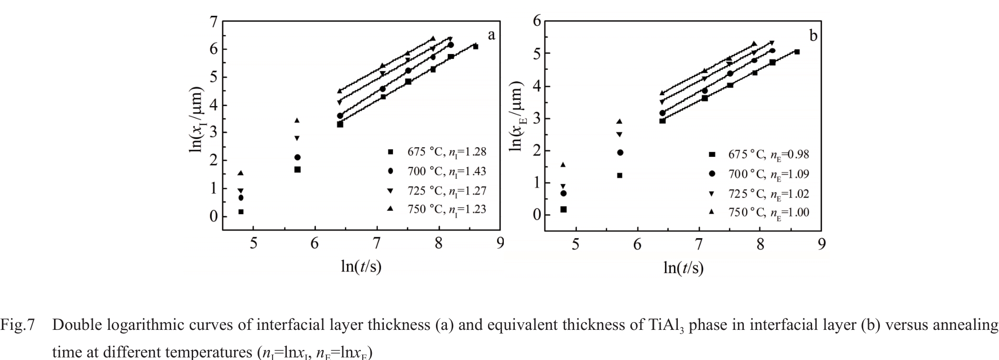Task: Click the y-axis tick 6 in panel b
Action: click(536, 21)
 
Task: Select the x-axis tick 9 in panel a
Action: click(500, 243)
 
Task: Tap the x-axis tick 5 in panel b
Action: click(576, 244)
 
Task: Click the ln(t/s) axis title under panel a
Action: click(361, 266)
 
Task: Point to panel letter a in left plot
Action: click(491, 35)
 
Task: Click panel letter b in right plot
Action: click(813, 36)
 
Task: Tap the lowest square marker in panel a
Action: click(241, 212)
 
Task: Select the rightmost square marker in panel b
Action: click(797, 52)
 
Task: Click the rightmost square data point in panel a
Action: click(475, 46)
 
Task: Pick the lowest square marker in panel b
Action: click(563, 209)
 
